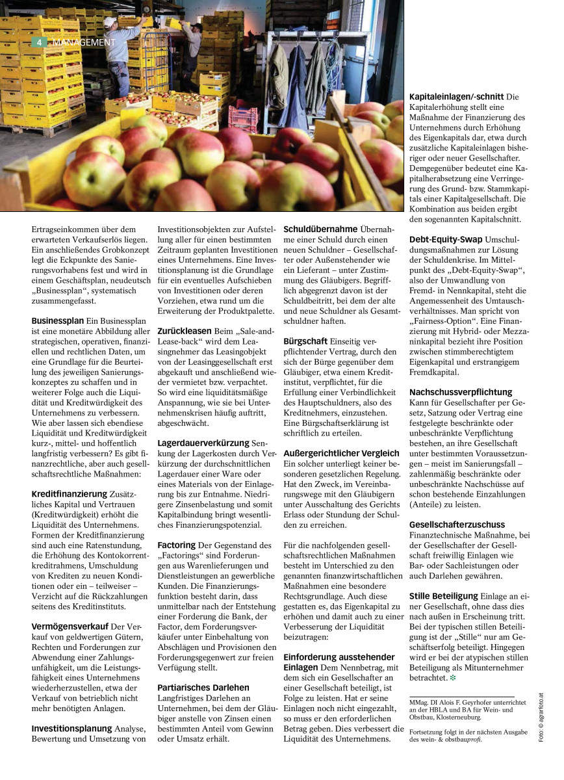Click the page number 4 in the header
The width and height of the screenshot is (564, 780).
click(38, 42)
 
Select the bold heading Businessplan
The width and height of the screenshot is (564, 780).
click(58, 320)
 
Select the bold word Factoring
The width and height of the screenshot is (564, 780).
click(177, 545)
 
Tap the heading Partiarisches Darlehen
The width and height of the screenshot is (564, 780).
click(203, 686)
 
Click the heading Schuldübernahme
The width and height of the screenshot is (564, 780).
click(320, 229)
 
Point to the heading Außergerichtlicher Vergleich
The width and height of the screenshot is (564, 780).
click(341, 453)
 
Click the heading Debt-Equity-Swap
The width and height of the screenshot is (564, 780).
click(446, 239)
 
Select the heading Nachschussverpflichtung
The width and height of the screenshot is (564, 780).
click(461, 392)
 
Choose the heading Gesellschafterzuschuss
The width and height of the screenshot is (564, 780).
click(457, 524)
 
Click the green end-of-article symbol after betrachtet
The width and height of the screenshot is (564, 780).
click(452, 678)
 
